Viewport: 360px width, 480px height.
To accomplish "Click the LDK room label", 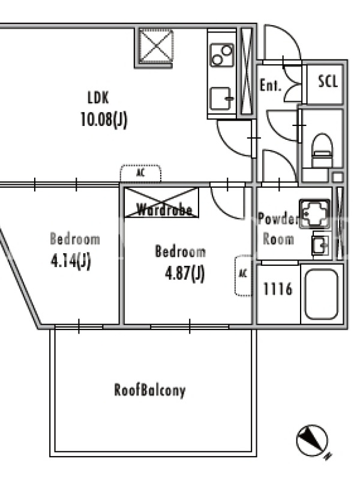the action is tap(98, 98).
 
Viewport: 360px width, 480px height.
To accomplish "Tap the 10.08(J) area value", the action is tap(103, 119).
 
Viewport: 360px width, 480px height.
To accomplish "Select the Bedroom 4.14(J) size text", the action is tap(71, 261).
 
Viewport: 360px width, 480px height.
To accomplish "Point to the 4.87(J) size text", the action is tap(185, 273).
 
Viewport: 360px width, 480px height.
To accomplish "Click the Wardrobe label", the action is tap(164, 210).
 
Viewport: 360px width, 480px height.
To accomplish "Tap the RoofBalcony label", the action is tap(150, 391).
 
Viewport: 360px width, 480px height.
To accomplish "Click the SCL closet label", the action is tap(328, 82).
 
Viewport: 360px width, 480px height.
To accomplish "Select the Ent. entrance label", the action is tap(271, 85).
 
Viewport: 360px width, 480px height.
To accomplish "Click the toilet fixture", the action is tap(322, 151).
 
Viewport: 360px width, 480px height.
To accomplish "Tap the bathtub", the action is tap(322, 294).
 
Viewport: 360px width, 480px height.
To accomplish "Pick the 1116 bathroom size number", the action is tap(278, 289).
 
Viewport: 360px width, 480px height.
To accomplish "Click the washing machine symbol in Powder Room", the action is tap(315, 214).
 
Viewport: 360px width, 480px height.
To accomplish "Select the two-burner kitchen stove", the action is tap(222, 55).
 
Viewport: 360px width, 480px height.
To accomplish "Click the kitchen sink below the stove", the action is tap(221, 98).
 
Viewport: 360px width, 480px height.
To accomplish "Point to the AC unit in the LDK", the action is tap(140, 173).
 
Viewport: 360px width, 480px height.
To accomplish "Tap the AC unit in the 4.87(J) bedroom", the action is tap(244, 275).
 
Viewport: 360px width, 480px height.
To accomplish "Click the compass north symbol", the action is tap(312, 440).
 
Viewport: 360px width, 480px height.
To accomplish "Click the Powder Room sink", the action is tap(321, 244).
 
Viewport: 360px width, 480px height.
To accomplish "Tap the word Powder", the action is tap(278, 219).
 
